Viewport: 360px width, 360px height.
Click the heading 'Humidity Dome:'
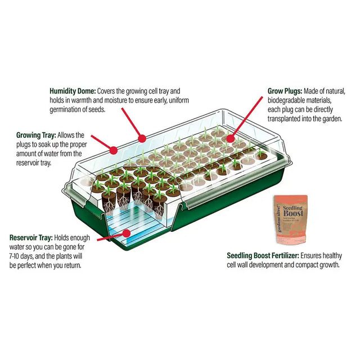coord(73,91)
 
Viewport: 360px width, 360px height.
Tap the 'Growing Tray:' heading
coord(36,135)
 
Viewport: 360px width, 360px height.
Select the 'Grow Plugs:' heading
coord(285,91)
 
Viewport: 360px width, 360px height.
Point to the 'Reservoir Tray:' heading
coord(31,237)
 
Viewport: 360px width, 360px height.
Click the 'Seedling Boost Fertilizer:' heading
coord(263,255)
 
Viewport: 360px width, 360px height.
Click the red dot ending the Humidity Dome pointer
coord(142,138)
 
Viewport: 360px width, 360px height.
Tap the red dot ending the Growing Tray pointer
coord(113,150)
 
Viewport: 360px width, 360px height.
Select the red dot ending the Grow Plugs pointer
coord(230,139)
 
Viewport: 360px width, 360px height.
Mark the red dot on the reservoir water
coord(126,233)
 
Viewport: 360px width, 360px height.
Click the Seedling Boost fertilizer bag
coord(291,219)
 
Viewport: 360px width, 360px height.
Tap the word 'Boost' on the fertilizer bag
coord(293,213)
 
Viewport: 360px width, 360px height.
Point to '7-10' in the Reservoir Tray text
coord(14,256)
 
